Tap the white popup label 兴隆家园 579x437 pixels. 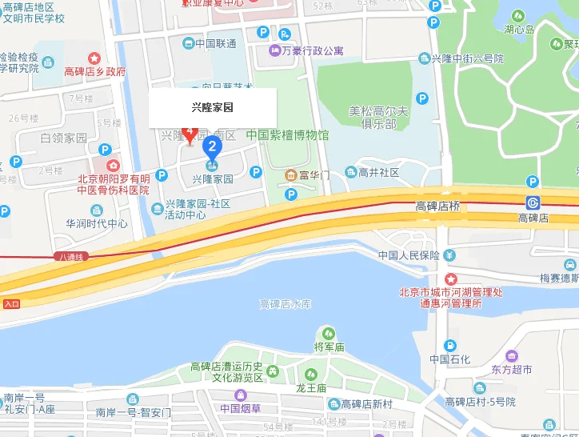(213, 106)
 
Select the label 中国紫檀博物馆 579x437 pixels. (287, 135)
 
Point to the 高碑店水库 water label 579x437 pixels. (285, 304)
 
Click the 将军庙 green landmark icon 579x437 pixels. (328, 333)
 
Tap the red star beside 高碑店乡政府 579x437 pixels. (94, 58)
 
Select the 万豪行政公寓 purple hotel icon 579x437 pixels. (274, 50)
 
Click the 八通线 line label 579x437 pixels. (71, 257)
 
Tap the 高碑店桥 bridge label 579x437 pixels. (437, 206)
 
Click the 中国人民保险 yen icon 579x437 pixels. (449, 255)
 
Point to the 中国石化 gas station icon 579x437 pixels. (450, 345)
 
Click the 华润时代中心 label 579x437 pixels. (97, 224)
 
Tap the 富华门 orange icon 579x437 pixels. (290, 174)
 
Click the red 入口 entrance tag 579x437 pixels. (11, 303)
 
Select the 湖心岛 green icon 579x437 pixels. (518, 15)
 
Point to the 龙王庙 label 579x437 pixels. (311, 387)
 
